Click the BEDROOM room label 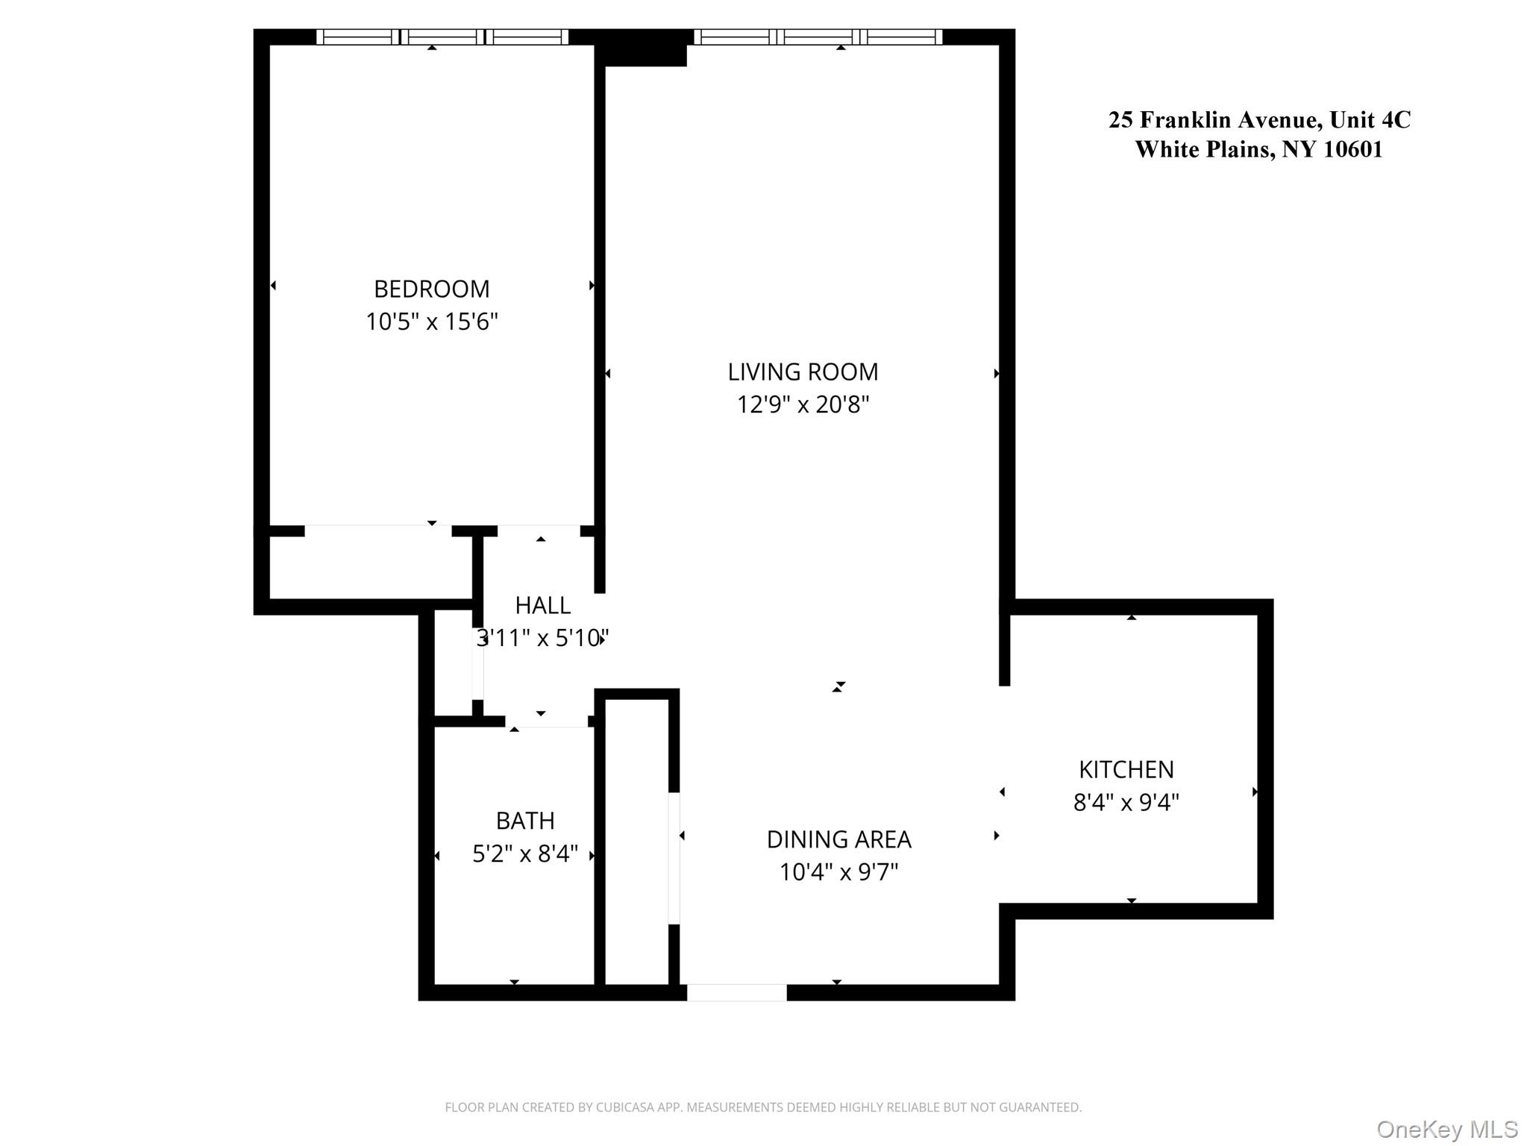431,289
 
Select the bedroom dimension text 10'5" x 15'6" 431,322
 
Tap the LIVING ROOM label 803,372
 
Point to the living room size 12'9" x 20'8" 803,404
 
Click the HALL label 542,605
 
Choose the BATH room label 525,821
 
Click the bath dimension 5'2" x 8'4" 525,854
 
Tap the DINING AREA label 838,839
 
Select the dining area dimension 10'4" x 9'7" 838,871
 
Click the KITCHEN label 1126,769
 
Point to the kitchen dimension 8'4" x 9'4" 1126,802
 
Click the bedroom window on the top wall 442,37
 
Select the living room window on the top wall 818,37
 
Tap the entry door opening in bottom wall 736,992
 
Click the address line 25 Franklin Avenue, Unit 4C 1259,120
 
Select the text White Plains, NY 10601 1259,149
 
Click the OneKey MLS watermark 1446,1129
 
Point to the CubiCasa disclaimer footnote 762,1107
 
